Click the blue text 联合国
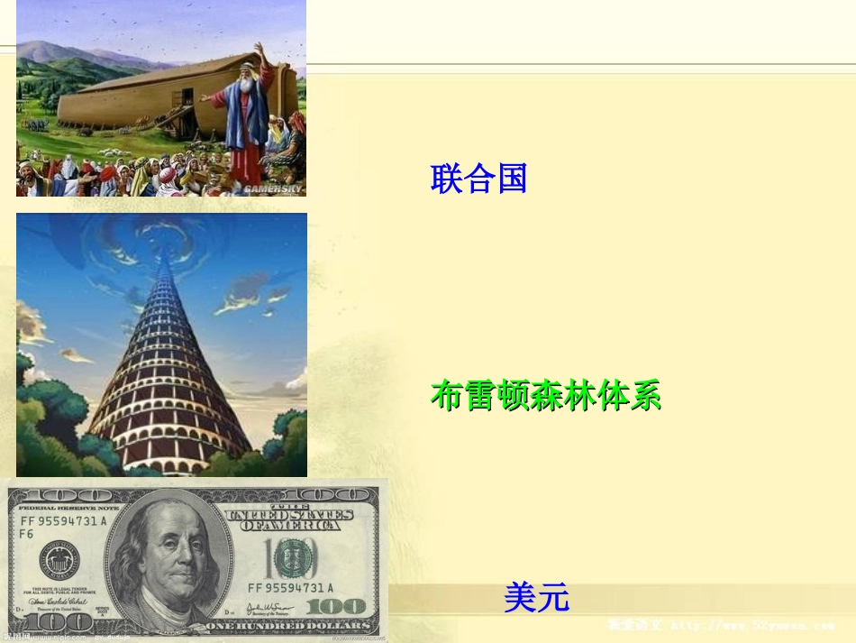[x=478, y=179]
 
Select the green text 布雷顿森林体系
[x=546, y=396]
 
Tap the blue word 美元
[x=537, y=597]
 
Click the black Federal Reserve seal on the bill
[x=59, y=561]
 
